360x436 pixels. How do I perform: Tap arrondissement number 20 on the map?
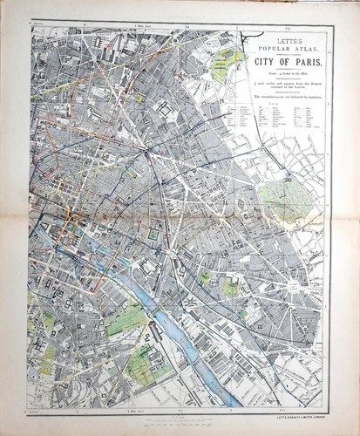[x=288, y=179]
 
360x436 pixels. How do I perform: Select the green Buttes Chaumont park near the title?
[x=228, y=59]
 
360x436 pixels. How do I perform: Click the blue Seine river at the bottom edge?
[x=228, y=399]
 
